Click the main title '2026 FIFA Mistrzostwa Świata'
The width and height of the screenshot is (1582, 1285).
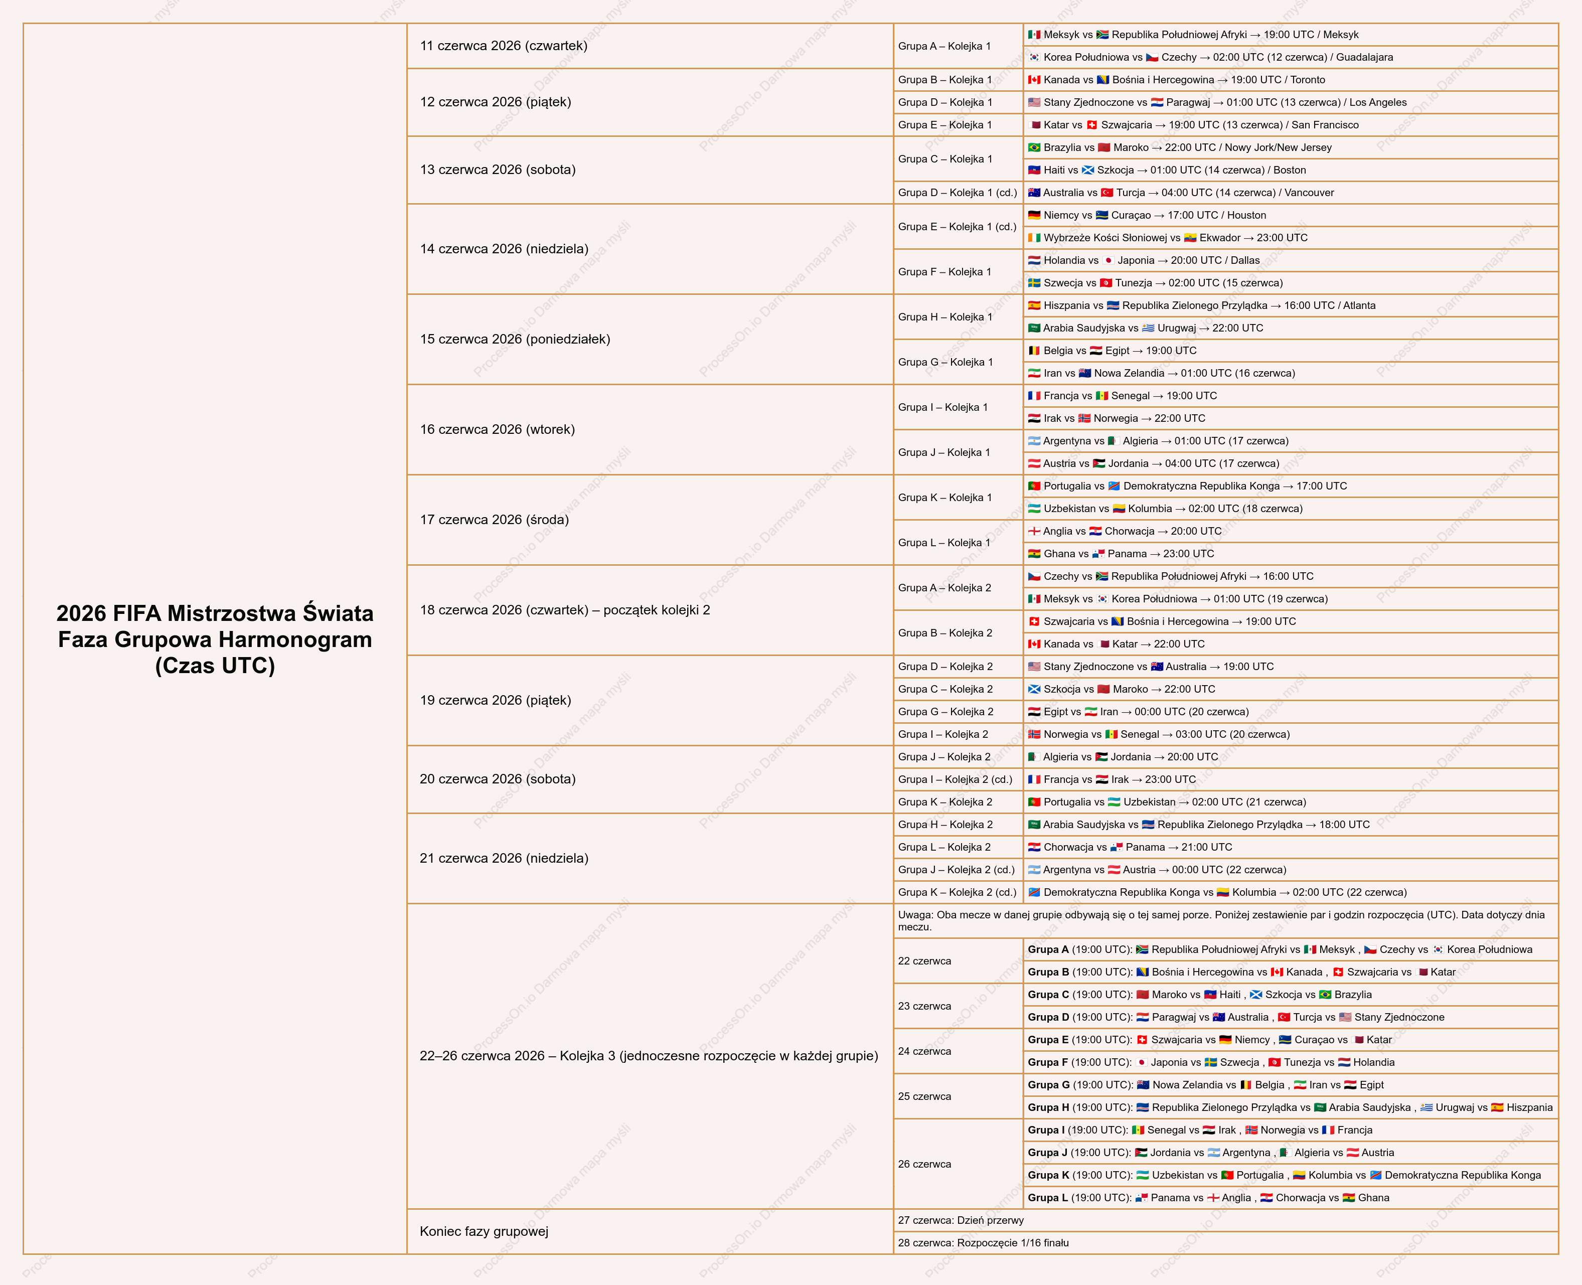[215, 613]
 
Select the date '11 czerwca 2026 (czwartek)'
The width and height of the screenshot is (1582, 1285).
[504, 46]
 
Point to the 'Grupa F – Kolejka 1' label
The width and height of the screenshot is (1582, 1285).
[944, 272]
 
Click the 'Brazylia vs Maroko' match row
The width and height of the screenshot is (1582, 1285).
[1179, 147]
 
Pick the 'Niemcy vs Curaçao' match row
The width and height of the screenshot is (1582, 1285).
[1147, 215]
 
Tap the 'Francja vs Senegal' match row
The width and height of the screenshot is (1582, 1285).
[1122, 395]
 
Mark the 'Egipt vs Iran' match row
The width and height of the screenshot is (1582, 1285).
[1138, 711]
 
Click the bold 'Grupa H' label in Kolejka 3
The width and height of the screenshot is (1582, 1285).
[1048, 1107]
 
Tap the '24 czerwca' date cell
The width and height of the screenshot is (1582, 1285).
[924, 1051]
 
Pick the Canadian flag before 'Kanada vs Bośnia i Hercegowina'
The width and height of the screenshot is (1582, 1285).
[1034, 80]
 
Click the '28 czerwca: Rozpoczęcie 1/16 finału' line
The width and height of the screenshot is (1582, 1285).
[983, 1243]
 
